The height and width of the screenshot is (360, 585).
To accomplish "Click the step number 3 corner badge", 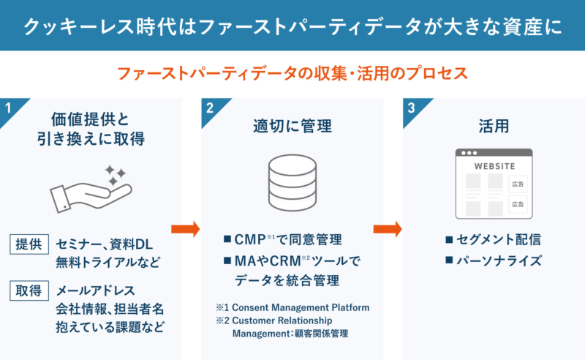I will [x=412, y=108].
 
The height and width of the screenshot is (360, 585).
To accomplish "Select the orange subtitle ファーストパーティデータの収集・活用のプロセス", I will [x=292, y=74].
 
